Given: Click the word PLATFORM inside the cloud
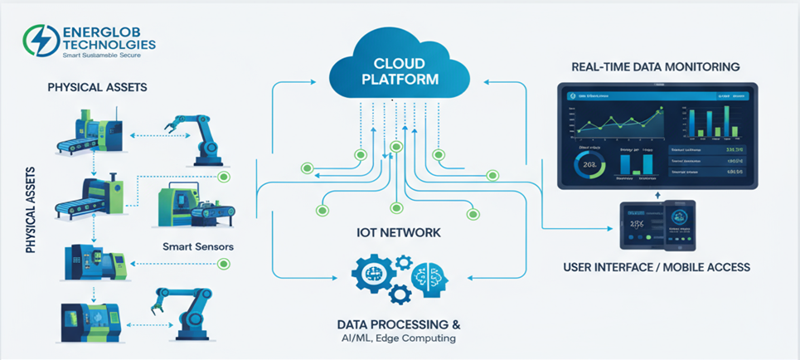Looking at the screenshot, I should (400, 80).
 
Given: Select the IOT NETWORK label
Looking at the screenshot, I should (399, 233).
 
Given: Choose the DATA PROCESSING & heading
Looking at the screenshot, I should (399, 323).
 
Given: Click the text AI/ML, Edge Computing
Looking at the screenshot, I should (399, 338).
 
